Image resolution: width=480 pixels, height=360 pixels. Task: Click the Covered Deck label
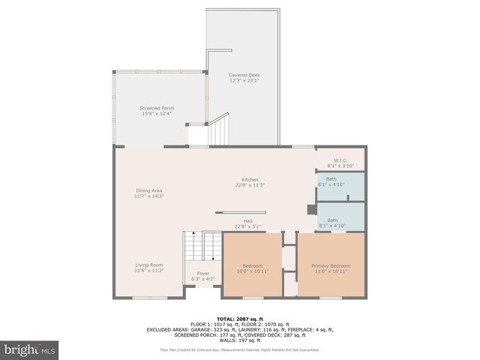point(244,75)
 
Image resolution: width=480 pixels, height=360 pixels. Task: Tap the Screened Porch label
point(157,108)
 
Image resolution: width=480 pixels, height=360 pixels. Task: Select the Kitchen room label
point(249,180)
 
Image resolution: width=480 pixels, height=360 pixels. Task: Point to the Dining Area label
point(148,190)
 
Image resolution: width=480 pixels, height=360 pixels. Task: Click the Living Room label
point(148,265)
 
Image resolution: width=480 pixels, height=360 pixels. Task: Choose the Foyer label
point(203,273)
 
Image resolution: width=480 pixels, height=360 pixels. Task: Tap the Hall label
point(247,220)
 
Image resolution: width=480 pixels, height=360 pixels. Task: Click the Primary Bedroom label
point(331,265)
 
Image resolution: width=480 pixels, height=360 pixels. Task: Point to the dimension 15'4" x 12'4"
point(157,114)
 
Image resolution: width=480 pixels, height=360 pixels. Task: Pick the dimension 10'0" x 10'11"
point(253,271)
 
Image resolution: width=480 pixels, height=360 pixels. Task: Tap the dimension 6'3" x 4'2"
point(203,279)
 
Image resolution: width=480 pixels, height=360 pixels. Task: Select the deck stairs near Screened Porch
point(217,129)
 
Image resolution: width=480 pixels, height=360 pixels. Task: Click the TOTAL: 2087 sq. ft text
point(240,318)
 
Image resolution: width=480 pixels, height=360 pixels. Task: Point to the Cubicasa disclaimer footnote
point(240,350)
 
